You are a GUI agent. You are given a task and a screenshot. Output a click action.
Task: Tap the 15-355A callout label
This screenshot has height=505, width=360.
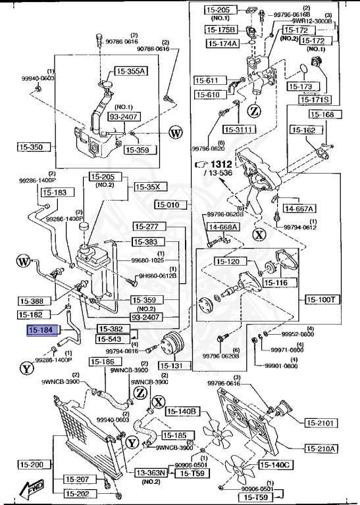[x=132, y=71]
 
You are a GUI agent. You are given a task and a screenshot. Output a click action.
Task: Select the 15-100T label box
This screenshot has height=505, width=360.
[x=322, y=299]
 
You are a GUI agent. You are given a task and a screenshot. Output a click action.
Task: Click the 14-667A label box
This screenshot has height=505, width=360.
[x=299, y=208]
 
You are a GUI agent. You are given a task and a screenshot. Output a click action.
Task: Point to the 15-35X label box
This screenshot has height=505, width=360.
[x=147, y=187]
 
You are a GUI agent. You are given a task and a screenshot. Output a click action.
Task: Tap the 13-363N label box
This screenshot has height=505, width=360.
[x=151, y=472]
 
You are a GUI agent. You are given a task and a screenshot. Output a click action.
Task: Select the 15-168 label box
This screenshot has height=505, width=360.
[x=322, y=114]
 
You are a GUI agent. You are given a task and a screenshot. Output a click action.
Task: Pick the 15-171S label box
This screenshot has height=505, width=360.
[x=315, y=99]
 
